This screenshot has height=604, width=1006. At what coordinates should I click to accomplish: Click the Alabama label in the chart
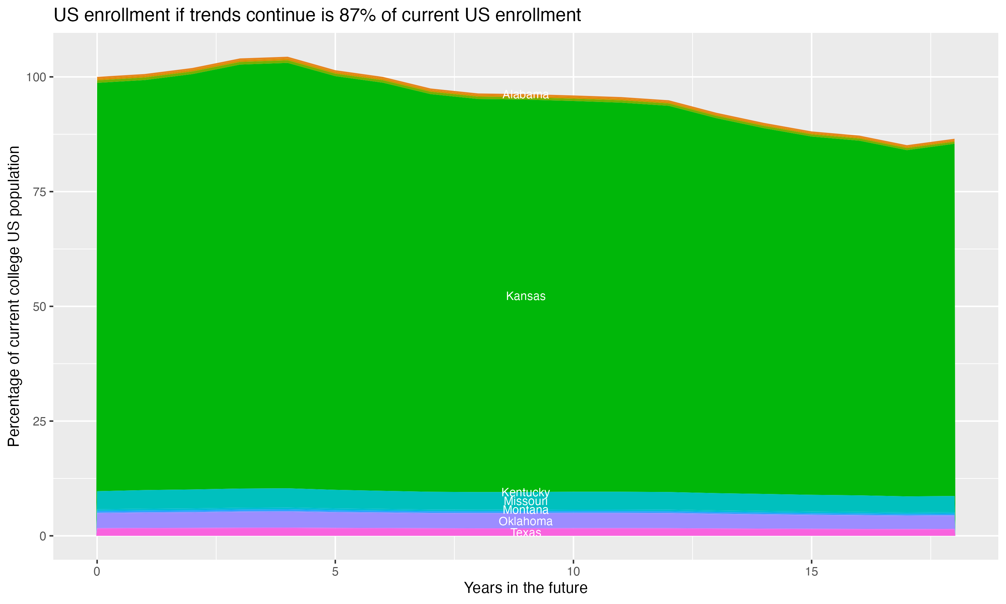525,95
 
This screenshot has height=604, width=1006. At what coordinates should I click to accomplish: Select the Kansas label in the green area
525,296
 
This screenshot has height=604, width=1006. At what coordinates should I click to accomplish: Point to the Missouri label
525,501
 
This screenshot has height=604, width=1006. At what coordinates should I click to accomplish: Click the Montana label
525,510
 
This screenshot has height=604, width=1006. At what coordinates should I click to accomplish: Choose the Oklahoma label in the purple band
525,521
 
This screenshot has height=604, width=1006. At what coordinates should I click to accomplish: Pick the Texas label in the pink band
525,533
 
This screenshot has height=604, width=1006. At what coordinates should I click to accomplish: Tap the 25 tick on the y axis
40,421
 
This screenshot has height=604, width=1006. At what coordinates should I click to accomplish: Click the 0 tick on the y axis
43,536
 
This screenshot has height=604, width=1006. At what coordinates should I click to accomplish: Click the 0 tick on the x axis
97,572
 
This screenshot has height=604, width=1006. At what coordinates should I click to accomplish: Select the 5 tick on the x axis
335,572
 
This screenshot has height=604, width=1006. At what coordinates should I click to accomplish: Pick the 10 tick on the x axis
573,572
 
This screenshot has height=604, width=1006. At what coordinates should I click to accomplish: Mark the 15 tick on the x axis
811,572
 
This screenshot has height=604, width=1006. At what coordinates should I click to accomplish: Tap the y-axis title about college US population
14,296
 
